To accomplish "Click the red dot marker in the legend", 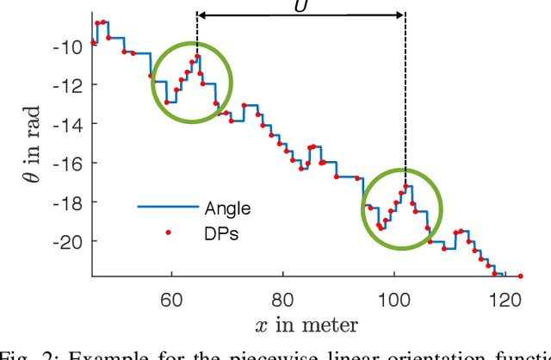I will coord(168,231).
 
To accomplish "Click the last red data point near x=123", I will coord(520,276).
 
